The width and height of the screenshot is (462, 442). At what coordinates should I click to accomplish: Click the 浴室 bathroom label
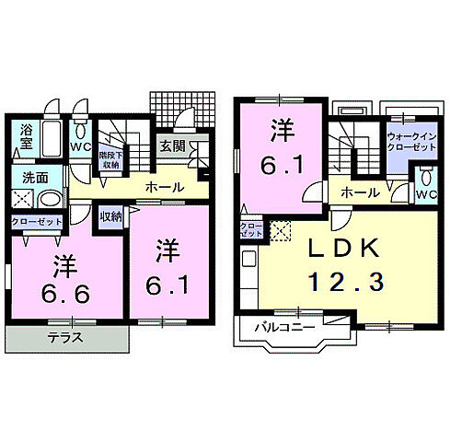(x=26, y=137)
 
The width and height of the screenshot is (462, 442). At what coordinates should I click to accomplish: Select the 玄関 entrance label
(x=172, y=145)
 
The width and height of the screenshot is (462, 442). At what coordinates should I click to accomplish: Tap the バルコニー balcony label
(x=277, y=328)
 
